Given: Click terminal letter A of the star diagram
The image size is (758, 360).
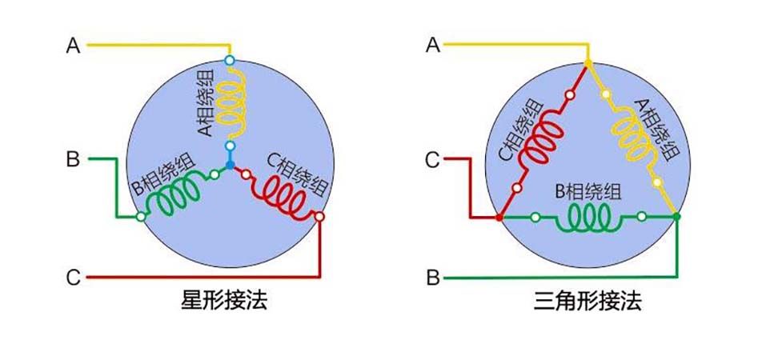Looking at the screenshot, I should (73, 46).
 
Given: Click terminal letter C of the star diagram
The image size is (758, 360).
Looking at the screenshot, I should (73, 278).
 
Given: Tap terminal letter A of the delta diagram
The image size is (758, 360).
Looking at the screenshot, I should (433, 46).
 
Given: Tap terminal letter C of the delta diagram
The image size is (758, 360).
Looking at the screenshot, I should (433, 161).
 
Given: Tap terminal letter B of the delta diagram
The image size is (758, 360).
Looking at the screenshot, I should (433, 278).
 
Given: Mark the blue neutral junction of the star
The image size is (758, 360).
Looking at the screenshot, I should (230, 165).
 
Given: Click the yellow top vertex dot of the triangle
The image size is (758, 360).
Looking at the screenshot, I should (588, 62).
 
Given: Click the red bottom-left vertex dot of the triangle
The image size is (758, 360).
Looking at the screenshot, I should (499, 217).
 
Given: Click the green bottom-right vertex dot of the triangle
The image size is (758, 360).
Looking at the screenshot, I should (677, 216).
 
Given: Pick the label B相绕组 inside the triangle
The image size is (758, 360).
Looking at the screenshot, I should (588, 192).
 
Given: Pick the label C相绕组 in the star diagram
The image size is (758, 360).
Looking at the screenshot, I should (299, 174).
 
